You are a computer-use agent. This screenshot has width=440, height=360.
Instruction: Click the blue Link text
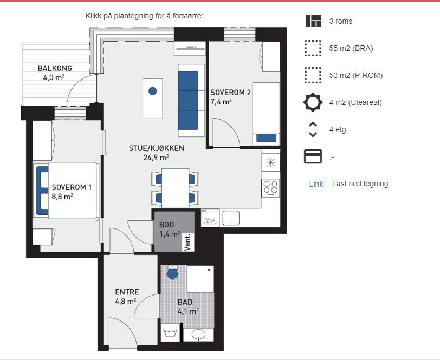[316, 184]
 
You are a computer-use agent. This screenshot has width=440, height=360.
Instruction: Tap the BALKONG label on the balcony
[55, 68]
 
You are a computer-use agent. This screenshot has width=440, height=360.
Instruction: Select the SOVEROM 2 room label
[231, 93]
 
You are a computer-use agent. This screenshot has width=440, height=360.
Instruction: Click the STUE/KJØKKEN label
[156, 148]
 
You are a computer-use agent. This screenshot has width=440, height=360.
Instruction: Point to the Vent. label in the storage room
[187, 242]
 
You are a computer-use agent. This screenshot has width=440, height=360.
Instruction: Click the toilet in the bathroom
[172, 272]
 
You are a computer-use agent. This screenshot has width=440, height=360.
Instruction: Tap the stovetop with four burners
[271, 188]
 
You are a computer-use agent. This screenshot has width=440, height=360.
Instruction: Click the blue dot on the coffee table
[153, 91]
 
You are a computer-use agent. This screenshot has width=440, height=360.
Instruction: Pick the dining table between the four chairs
[176, 188]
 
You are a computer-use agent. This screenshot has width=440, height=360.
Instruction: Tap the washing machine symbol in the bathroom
[170, 332]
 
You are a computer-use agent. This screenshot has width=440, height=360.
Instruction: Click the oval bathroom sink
[198, 335]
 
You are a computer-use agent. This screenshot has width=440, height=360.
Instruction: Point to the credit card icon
[313, 156]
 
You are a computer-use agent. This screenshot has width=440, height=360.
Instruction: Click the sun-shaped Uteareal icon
[313, 102]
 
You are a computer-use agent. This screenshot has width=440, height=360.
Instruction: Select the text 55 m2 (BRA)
[351, 49]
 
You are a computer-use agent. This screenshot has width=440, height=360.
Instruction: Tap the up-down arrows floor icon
[313, 129]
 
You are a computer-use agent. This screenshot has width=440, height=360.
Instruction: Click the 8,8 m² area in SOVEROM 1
[62, 197]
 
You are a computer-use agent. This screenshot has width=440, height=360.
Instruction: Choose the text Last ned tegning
[360, 184]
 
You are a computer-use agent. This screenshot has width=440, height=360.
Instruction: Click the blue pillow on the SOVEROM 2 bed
[266, 138]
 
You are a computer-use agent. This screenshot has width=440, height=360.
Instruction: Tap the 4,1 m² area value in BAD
[188, 311]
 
